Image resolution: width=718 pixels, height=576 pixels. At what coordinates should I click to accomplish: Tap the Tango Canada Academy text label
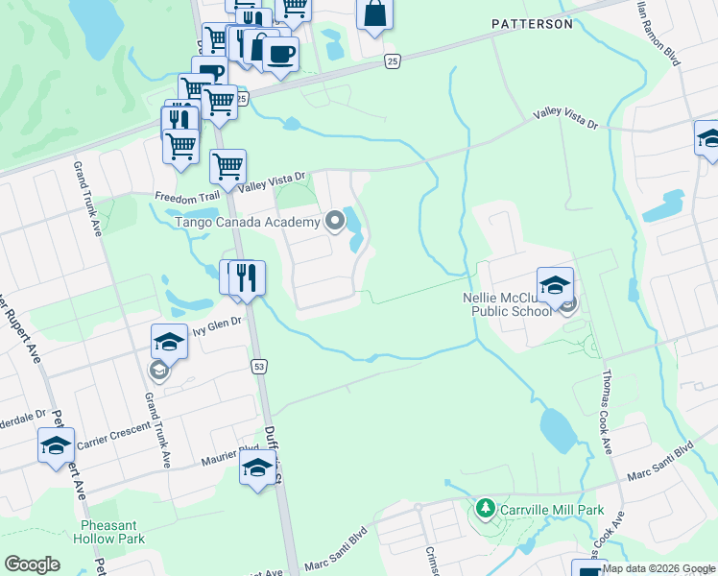point(247,223)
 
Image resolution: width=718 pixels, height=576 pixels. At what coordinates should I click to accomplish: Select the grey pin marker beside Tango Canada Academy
point(335,223)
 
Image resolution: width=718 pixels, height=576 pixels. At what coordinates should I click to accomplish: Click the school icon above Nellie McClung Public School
point(555,284)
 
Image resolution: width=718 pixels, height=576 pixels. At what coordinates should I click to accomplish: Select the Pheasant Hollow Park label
point(112,532)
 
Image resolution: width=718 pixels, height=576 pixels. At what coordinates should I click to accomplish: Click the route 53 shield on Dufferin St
point(258,366)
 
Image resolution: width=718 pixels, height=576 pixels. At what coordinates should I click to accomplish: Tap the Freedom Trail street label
point(186,196)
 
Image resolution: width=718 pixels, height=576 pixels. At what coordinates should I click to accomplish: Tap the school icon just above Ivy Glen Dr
point(168,342)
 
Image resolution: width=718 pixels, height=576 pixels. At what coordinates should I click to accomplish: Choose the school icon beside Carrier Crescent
point(57,445)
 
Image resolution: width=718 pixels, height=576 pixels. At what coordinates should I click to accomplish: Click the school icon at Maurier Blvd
point(257,468)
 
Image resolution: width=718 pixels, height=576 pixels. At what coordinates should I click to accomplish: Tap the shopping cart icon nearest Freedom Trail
point(227,167)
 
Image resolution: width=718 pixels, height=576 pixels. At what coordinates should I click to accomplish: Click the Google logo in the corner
point(33,564)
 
